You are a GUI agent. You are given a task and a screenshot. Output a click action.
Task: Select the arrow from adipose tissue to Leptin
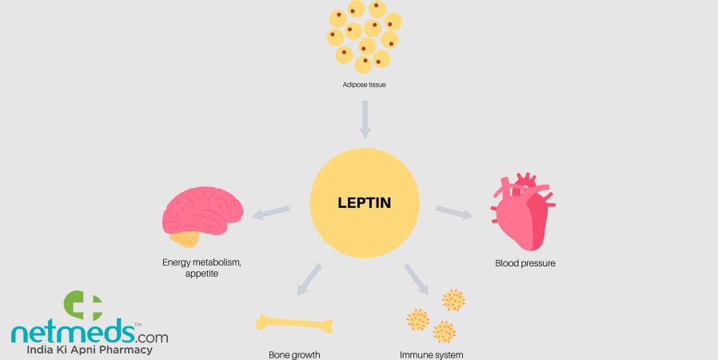[364, 118]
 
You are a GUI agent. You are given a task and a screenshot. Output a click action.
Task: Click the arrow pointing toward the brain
[271, 213]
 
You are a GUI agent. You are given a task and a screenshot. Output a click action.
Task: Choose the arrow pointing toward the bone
[308, 279]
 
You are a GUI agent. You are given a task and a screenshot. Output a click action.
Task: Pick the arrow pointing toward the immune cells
[417, 279]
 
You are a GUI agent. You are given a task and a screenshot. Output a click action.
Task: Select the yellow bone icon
[293, 323]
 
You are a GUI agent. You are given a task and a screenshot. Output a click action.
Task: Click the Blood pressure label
[525, 263]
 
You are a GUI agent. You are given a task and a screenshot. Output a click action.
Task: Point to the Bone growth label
[293, 354]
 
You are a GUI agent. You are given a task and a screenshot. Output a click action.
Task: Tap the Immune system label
[432, 354]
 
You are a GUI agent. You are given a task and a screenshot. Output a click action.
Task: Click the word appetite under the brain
[201, 274]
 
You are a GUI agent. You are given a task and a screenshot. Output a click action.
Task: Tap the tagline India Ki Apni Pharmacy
[90, 350]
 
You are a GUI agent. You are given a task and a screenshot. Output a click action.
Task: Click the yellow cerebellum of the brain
[190, 237]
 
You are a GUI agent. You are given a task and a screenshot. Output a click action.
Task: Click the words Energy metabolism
[201, 262]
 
